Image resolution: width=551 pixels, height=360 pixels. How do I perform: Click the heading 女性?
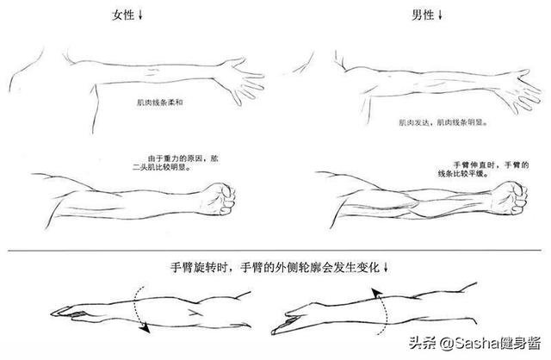pos(123,16)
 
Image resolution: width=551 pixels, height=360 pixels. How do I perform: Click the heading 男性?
pos(423,16)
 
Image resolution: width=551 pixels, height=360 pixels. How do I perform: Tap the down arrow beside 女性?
pos(140,16)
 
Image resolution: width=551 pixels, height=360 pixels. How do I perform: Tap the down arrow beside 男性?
pos(440,16)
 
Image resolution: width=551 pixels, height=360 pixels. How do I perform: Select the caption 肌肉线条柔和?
pos(160,102)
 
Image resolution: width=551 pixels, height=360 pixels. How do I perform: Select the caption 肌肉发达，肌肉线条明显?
pos(443,122)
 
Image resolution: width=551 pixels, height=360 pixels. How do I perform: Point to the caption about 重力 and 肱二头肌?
pos(176,163)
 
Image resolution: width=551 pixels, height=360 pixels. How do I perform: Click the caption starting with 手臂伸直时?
pos(484,169)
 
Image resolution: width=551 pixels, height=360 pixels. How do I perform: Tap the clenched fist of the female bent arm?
pos(220,199)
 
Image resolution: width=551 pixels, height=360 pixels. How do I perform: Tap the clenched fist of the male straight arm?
pos(511,198)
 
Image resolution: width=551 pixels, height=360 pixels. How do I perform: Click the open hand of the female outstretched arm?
pos(240,80)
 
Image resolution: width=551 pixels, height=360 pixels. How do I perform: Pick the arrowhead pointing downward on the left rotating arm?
pos(145,328)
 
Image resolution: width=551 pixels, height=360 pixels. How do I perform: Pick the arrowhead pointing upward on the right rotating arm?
pos(376,293)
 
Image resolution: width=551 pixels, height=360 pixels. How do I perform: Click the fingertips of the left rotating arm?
pos(53,313)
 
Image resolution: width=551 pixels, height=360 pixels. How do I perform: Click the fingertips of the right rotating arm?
pos(274,332)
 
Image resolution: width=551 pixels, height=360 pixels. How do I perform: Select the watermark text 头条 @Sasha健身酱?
pos(474,343)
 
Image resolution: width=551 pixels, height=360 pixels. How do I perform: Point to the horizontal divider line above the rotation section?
pos(275,251)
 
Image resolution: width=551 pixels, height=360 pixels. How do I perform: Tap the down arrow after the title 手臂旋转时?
pos(386,268)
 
